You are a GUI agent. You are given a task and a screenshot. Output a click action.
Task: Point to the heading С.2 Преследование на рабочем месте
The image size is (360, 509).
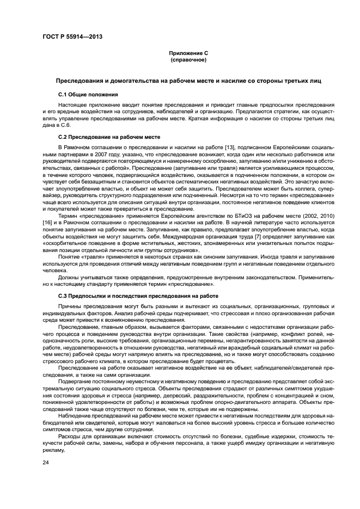tap(105, 138)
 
